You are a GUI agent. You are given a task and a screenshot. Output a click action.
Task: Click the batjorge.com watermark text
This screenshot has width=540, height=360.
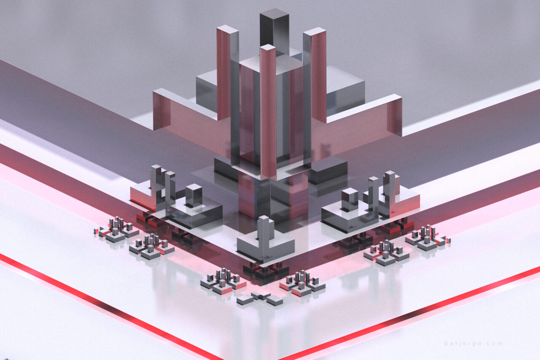pyautogui.click(x=473, y=343)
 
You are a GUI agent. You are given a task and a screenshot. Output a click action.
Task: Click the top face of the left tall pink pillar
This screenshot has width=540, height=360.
pyautogui.click(x=227, y=29)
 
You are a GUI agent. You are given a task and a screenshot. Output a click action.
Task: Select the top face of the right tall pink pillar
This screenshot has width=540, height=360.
pyautogui.click(x=314, y=31)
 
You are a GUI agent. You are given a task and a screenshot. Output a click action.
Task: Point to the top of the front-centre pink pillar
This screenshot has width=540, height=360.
pyautogui.click(x=267, y=47)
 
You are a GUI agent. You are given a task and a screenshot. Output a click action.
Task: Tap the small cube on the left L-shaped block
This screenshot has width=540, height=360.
pyautogui.click(x=194, y=195)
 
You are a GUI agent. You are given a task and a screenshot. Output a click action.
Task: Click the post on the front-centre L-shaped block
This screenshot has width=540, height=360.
pyautogui.click(x=264, y=230)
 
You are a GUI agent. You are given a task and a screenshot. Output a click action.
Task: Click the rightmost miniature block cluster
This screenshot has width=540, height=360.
pyautogui.click(x=427, y=238)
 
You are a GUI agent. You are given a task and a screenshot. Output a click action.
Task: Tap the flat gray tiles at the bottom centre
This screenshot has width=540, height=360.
pyautogui.click(x=260, y=298)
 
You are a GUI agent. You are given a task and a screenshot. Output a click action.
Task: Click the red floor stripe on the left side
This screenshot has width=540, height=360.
pyautogui.click(x=105, y=303)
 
